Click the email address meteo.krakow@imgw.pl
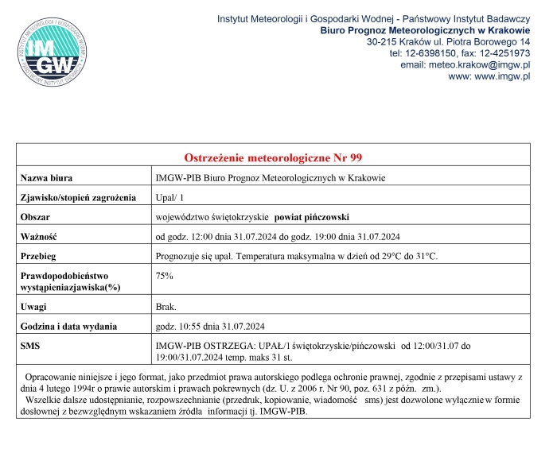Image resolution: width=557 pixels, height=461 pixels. tap(485, 64)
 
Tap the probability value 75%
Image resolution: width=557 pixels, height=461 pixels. tap(165, 275)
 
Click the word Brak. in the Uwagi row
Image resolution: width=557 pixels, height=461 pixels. tap(166, 306)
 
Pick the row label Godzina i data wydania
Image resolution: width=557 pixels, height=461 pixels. tap(68, 326)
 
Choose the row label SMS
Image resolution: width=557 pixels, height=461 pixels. tap(30, 346)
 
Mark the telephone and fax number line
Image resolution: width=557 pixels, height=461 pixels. tap(460, 52)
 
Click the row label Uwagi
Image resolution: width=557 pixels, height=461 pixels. tap(34, 306)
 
